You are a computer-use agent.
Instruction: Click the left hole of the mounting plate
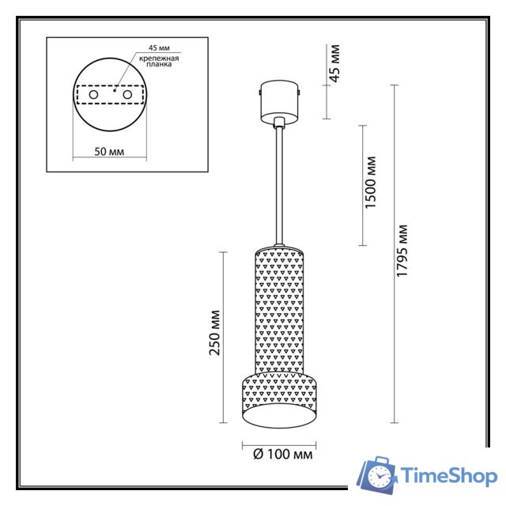click(94, 95)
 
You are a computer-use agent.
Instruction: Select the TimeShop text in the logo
click(449, 476)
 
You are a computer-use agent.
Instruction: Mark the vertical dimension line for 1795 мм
click(393, 253)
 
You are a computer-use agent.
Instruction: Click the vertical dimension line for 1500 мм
click(362, 183)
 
